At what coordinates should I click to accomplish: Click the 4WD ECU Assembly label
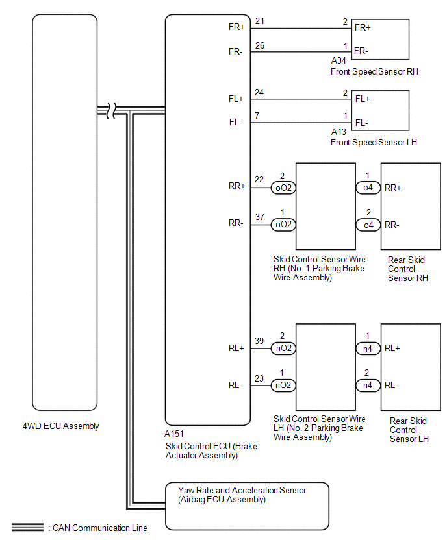tap(60, 426)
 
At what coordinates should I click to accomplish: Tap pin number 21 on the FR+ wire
tap(260, 21)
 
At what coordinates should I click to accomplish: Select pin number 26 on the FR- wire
tap(260, 45)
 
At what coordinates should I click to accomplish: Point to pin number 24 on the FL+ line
tap(260, 93)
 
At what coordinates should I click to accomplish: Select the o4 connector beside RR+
tap(368, 188)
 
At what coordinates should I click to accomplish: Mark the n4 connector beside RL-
tap(368, 386)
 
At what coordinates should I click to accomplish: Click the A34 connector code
tap(339, 62)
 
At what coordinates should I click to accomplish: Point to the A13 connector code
tap(339, 132)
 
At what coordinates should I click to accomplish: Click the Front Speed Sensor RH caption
tap(374, 71)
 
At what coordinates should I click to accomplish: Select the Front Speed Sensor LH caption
tap(374, 142)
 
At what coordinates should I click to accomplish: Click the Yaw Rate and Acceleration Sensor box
tap(247, 506)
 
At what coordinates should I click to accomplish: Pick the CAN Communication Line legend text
tap(98, 528)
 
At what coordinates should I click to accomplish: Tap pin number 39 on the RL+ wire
tap(259, 340)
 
